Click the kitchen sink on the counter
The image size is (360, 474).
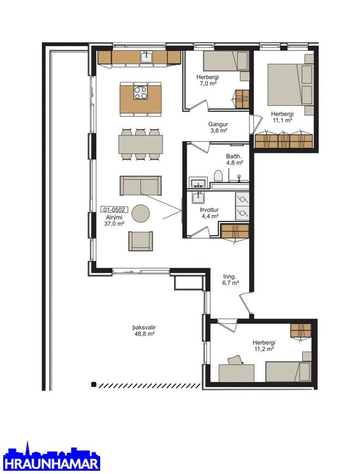coord(147,57)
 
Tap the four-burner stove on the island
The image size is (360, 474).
coord(141,92)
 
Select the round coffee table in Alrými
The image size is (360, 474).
coord(141,213)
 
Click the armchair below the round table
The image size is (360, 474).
coord(141,241)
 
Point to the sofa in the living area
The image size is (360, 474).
coord(141,186)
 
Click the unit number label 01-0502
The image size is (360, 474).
coord(114,209)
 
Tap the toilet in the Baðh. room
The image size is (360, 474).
coord(218,176)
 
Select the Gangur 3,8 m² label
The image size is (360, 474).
coord(218,127)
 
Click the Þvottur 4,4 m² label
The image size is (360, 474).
coord(210,213)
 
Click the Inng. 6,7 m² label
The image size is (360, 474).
coord(231,279)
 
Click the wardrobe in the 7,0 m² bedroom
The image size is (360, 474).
coord(242,98)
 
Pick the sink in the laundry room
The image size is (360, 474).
coord(198,197)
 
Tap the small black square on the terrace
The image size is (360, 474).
coord(94,384)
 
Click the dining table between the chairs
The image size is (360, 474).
coord(141,144)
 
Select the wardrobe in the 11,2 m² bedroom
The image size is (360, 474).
coord(301,330)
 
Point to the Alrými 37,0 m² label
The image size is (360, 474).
coord(114,221)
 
